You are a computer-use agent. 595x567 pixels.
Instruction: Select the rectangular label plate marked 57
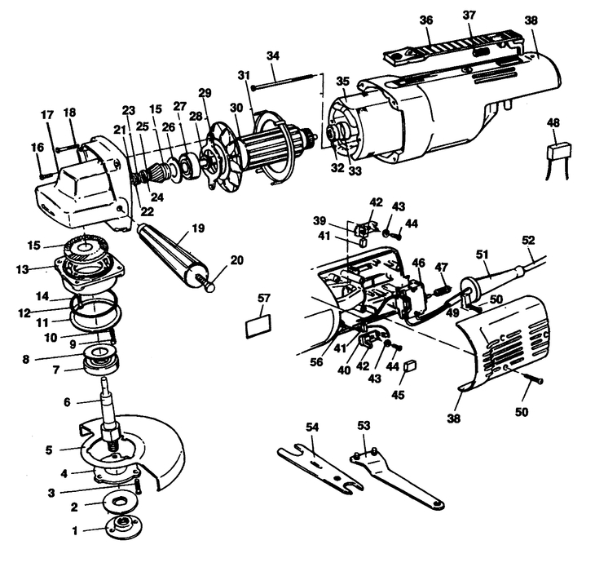pos(258,327)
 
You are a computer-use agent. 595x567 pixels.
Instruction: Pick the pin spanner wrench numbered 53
pos(399,478)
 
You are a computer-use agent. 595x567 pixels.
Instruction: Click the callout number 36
pos(425,20)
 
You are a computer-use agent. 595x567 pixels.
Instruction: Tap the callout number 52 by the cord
pos(528,240)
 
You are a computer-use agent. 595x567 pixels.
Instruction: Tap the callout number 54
pos(311,427)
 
